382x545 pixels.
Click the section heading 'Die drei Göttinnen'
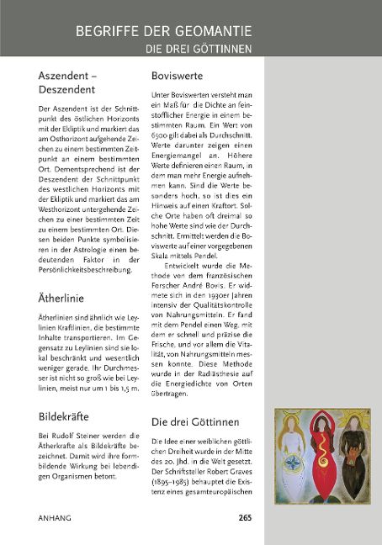pos(195,421)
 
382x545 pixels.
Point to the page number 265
pos(245,516)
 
